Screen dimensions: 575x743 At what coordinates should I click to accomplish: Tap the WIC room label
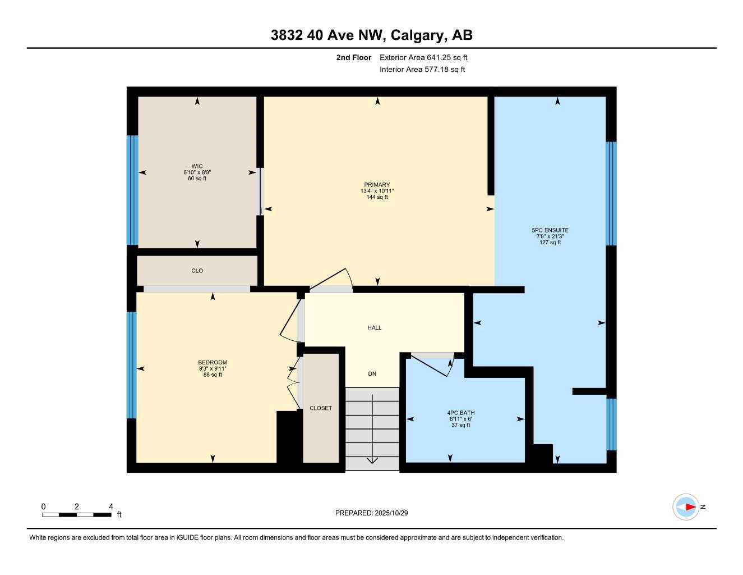click(197, 166)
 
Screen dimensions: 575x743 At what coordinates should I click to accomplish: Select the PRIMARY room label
click(377, 185)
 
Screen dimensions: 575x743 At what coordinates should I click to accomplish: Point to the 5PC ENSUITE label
click(550, 230)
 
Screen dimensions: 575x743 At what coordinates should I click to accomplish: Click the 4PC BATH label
click(460, 413)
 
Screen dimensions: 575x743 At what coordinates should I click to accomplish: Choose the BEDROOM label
click(213, 362)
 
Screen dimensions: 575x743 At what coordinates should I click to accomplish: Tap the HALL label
click(375, 327)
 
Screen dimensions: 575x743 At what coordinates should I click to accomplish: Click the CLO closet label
click(197, 271)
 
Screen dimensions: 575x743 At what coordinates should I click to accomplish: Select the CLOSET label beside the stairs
click(321, 408)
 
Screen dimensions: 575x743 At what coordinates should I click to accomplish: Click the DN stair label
click(372, 374)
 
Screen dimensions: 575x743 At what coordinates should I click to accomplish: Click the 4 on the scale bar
click(111, 506)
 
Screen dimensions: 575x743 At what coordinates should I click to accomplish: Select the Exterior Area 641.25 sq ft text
click(423, 57)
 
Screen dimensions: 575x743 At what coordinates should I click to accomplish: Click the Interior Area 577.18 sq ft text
click(422, 70)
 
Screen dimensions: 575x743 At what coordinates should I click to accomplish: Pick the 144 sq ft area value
click(377, 197)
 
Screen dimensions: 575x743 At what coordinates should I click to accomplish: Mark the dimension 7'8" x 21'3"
click(550, 236)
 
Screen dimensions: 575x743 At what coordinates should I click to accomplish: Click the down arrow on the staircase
click(372, 458)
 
